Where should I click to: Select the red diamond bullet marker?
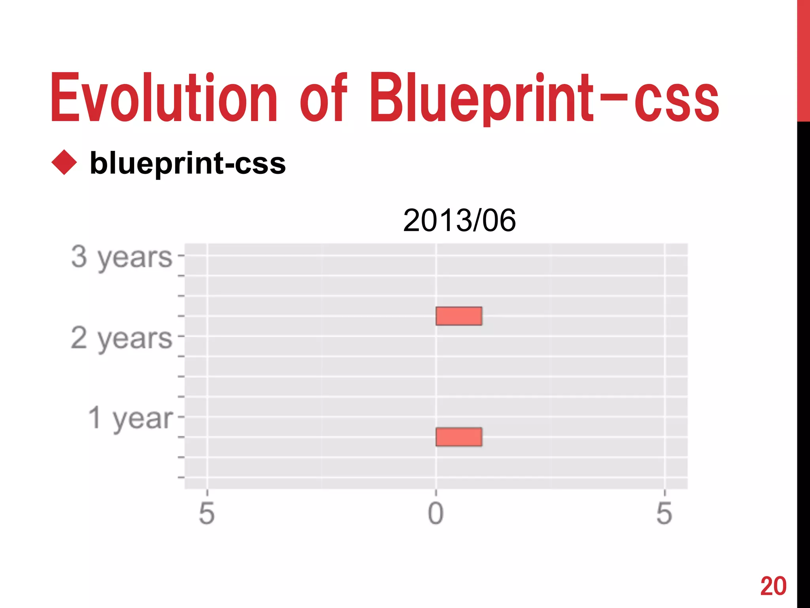click(x=64, y=162)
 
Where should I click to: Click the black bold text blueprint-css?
click(x=187, y=163)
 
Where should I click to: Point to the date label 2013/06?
click(x=459, y=220)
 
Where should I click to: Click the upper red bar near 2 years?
click(x=459, y=316)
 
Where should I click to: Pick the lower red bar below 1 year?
click(x=459, y=437)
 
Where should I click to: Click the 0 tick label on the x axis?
click(x=436, y=513)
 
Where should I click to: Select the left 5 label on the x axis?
click(x=207, y=513)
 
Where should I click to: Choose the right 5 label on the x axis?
click(x=664, y=513)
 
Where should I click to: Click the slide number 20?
click(x=773, y=586)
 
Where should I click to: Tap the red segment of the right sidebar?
click(x=803, y=59)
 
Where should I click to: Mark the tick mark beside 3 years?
click(x=181, y=256)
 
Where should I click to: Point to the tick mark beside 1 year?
click(x=181, y=417)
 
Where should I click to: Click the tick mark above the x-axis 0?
click(x=436, y=493)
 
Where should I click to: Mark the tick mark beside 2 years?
click(x=181, y=336)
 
